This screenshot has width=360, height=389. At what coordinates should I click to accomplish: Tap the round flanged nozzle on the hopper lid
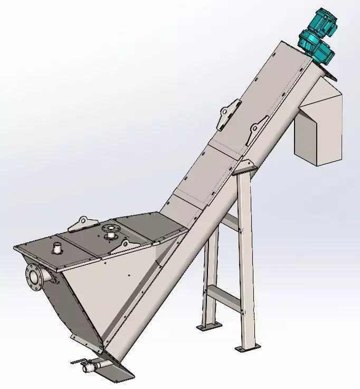click(x=110, y=231)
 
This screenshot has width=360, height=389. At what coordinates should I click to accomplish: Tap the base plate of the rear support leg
click(x=209, y=327)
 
